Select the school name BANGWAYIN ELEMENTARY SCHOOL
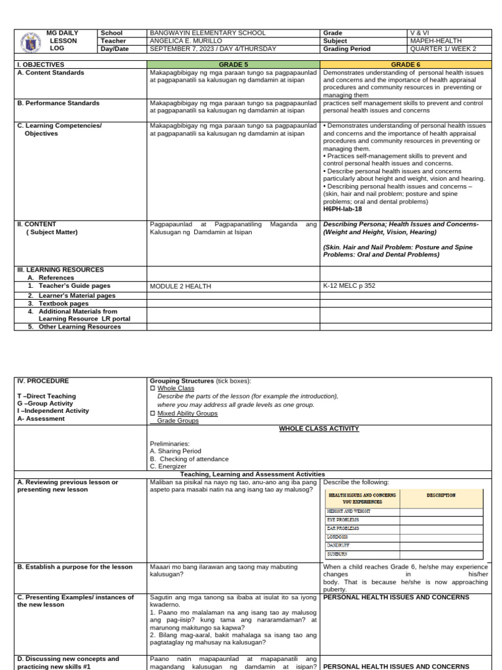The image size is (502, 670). coord(207,33)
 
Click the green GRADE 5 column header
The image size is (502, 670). coord(233,65)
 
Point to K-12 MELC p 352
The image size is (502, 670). coord(349,286)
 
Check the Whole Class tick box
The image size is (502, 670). coord(153,389)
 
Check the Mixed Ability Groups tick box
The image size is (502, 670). coord(153,414)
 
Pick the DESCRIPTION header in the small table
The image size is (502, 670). coord(441,495)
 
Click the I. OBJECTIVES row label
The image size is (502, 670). coord(41,65)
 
